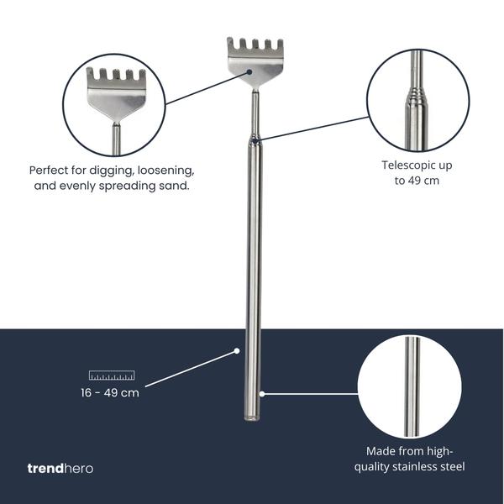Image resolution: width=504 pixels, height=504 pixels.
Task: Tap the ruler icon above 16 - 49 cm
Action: (x=113, y=375)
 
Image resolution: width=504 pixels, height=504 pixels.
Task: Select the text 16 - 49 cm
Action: (x=110, y=392)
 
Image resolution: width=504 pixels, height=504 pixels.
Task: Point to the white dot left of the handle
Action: (x=237, y=351)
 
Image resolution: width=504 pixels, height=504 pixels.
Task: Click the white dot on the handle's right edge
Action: (x=261, y=392)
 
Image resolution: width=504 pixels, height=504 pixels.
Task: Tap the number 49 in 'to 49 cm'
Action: (x=416, y=181)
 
